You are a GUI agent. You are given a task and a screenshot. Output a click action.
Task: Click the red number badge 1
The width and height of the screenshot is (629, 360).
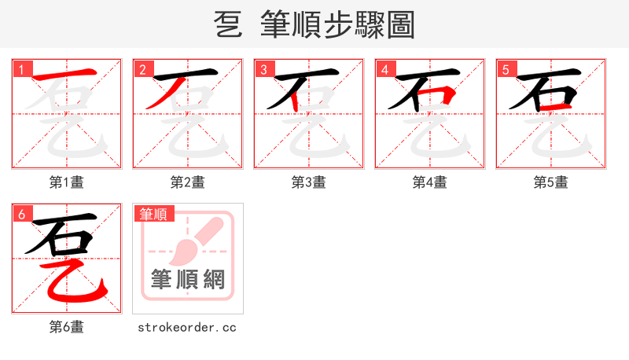pyautogui.click(x=21, y=70)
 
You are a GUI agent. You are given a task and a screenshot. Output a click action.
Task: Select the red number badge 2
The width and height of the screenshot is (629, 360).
pyautogui.click(x=142, y=70)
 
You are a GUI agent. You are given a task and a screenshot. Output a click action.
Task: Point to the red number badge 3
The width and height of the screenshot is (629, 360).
pyautogui.click(x=263, y=70)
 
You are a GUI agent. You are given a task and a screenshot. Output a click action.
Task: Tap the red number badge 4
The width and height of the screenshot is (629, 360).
pyautogui.click(x=384, y=70)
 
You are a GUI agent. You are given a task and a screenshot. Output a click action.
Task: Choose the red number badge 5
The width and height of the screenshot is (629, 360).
pyautogui.click(x=506, y=70)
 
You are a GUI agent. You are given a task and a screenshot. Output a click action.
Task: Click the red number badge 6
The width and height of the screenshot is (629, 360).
pyautogui.click(x=21, y=214)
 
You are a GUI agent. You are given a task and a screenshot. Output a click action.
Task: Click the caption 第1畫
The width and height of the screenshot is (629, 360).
pyautogui.click(x=67, y=182)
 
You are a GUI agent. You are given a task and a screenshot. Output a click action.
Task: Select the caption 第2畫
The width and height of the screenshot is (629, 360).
pyautogui.click(x=188, y=182)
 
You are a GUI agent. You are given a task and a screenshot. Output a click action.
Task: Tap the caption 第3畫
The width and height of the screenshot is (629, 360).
pyautogui.click(x=309, y=182)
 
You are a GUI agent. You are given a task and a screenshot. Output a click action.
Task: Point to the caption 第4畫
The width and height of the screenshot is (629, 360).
pyautogui.click(x=430, y=182)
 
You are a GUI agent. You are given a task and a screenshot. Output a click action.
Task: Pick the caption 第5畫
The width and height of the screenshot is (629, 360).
pyautogui.click(x=551, y=182)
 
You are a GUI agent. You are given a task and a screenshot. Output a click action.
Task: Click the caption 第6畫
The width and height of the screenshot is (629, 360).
pyautogui.click(x=67, y=327)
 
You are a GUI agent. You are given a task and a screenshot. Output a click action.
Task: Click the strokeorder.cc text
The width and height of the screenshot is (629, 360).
pyautogui.click(x=187, y=327)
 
